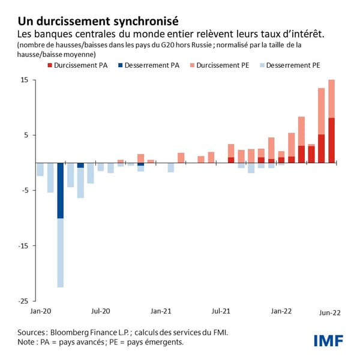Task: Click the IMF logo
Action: click(328, 340)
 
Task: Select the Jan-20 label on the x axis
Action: click(40, 311)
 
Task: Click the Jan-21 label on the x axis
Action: click(161, 311)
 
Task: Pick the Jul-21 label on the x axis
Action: click(221, 311)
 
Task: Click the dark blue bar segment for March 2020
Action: click(61, 190)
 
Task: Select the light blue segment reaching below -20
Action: click(61, 253)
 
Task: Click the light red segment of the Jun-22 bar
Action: click(331, 98)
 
